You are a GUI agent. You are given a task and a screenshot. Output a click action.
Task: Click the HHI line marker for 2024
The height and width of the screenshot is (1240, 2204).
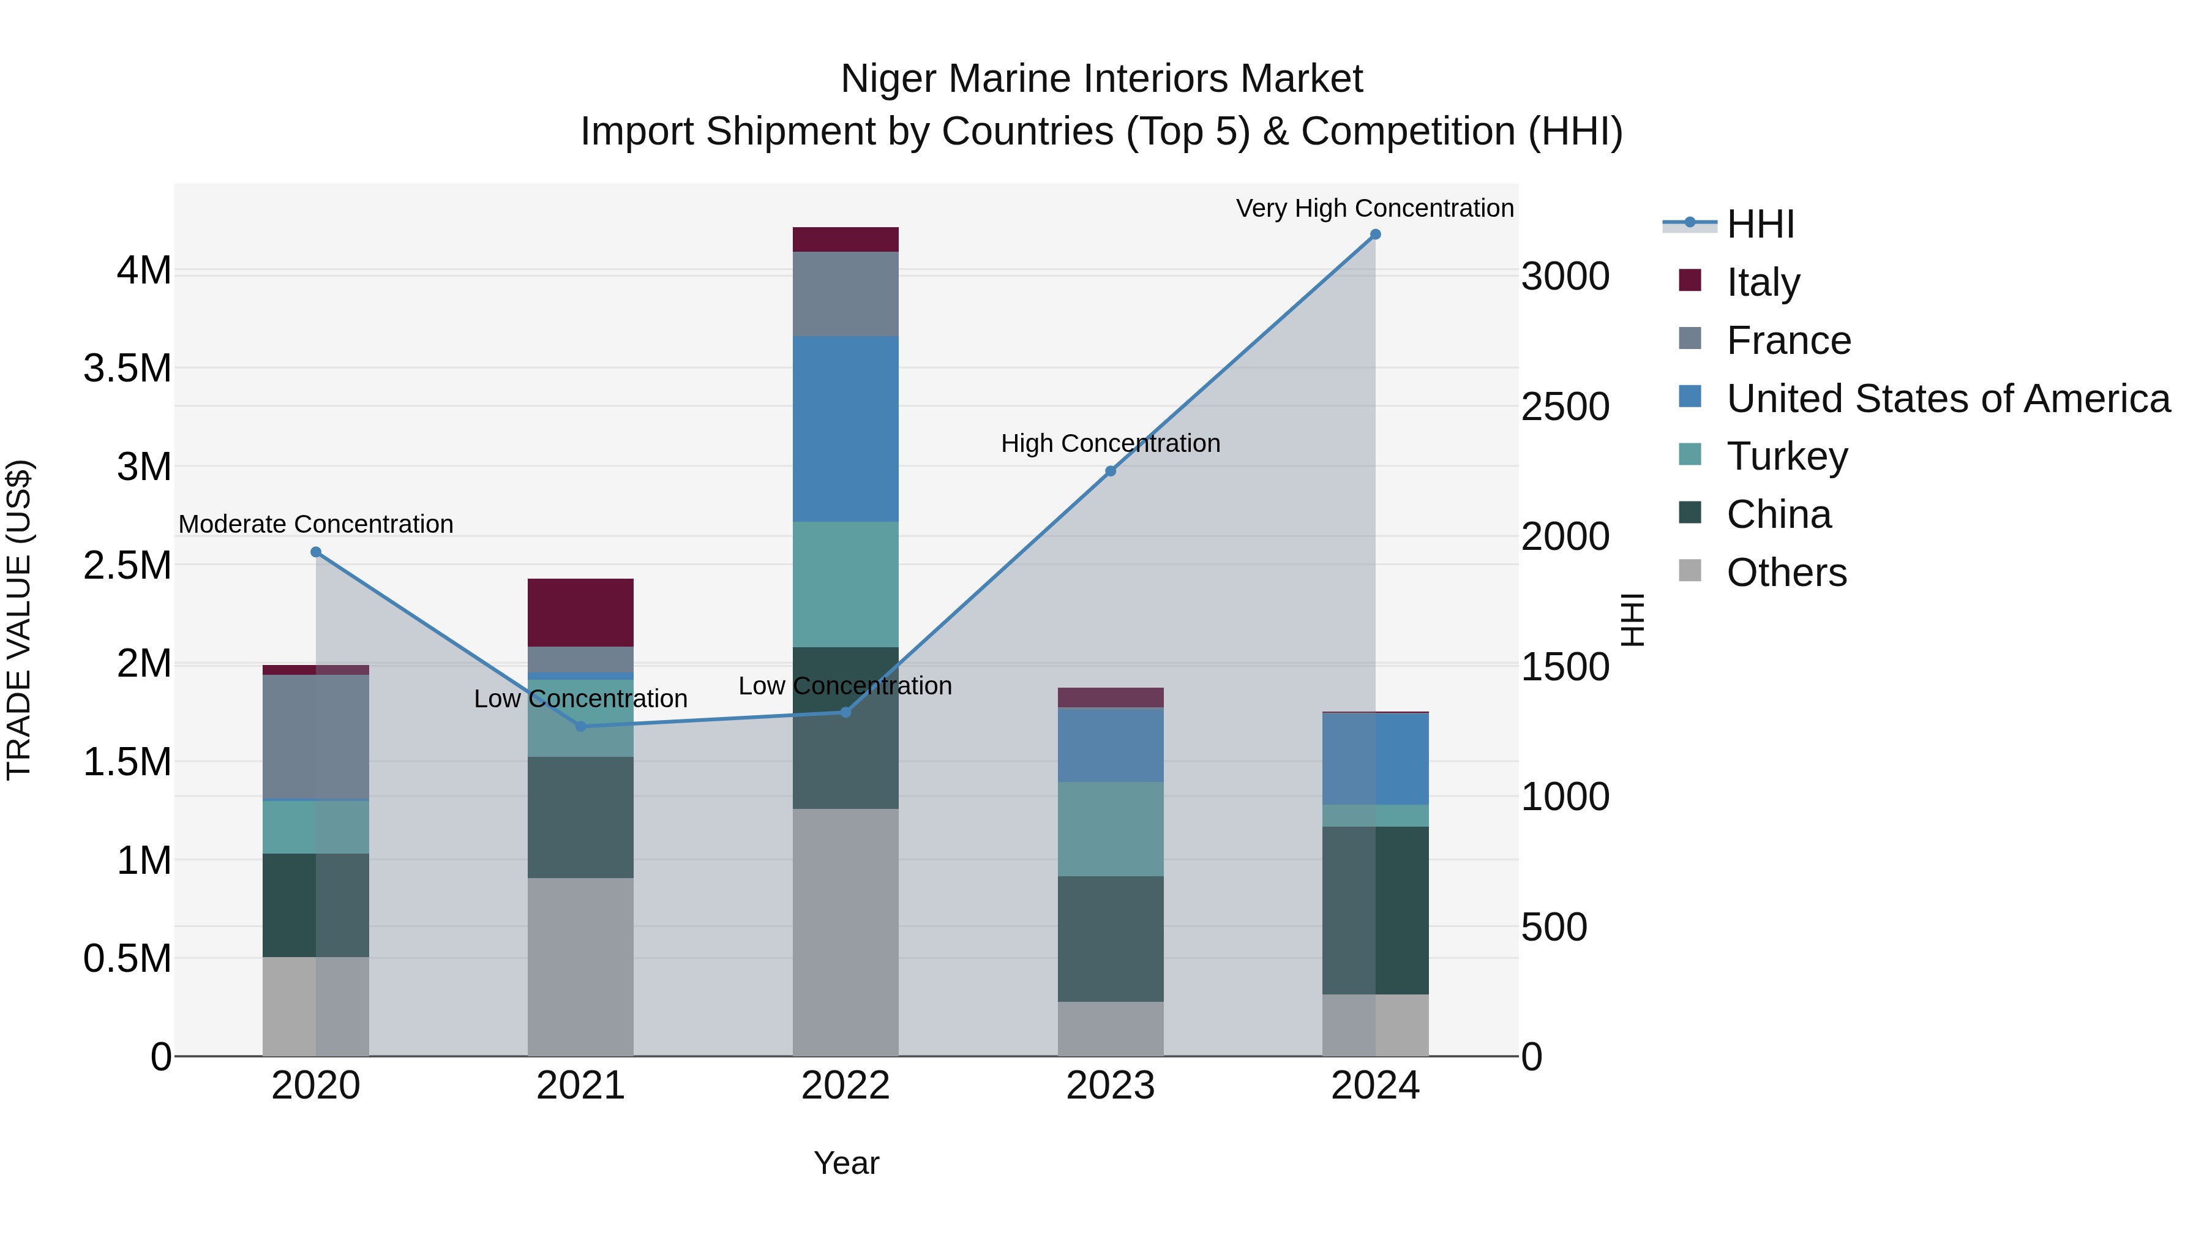1375,235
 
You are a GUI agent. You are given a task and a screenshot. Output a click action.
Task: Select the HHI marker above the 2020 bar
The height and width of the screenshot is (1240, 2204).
316,552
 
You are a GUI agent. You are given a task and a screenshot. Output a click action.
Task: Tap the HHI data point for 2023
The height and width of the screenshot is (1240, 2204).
1111,472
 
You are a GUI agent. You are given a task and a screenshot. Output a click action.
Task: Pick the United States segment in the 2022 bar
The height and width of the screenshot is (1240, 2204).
845,429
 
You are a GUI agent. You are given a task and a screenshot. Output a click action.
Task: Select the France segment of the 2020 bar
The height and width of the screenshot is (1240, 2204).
316,737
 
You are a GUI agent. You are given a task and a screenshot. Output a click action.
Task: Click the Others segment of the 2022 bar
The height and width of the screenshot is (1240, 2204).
845,932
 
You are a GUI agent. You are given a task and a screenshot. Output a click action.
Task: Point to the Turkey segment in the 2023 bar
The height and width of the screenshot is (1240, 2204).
1111,829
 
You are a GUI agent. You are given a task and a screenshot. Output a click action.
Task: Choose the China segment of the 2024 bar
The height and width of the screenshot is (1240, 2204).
1375,910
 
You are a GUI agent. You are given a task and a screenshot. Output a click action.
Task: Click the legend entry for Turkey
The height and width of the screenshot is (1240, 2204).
1786,456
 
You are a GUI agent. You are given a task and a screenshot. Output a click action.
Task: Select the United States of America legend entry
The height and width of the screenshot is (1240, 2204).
1947,399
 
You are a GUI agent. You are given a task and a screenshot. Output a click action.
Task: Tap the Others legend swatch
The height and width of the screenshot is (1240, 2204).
1690,571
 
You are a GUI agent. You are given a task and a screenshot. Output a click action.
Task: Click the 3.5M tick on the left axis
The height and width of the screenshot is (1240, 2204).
127,369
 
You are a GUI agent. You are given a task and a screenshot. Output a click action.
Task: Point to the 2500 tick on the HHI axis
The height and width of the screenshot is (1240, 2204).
1565,407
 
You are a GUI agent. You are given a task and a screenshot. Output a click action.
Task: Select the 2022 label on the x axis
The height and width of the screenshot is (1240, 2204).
845,1086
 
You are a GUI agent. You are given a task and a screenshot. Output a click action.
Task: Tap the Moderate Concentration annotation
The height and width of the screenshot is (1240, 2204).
316,524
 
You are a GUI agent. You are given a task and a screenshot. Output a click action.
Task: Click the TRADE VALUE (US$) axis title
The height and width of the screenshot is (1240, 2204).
19,620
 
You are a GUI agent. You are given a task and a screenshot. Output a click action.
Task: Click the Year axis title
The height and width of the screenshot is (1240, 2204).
846,1163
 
